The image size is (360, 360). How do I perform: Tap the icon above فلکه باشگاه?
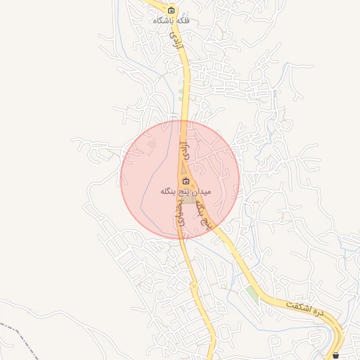point(172,11)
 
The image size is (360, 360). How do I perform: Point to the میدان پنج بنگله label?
point(186,191)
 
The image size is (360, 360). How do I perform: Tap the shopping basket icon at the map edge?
point(335,356)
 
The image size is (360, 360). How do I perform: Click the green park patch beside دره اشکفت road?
point(252,292)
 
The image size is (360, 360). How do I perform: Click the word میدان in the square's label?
point(201,191)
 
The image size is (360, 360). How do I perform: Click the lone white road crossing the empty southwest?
point(42,309)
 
